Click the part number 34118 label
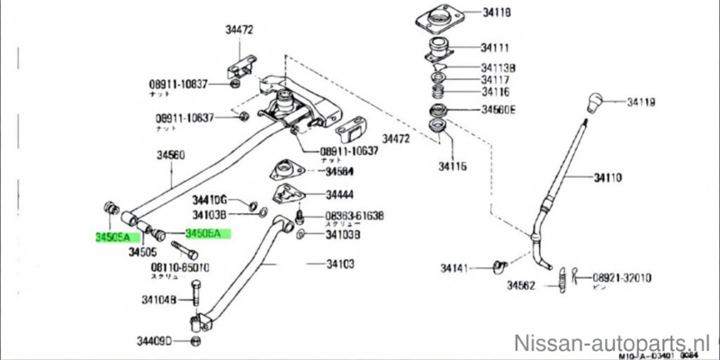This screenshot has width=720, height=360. coord(497,13)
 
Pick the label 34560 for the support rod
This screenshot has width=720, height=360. coord(170,156)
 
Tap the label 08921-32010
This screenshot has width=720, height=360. coord(622,278)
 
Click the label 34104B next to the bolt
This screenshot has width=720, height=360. coord(158,300)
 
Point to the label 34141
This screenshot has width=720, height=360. coord(458,268)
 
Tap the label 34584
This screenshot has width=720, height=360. coord(338,171)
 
